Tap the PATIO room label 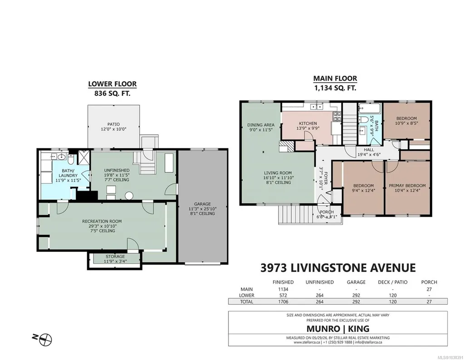pyautogui.click(x=113, y=124)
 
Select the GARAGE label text pyautogui.click(x=202, y=204)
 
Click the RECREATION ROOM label pyautogui.click(x=102, y=221)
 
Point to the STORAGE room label pyautogui.click(x=115, y=256)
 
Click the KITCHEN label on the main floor pyautogui.click(x=308, y=123)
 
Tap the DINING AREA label pyautogui.click(x=261, y=125)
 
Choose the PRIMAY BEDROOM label pyautogui.click(x=407, y=186)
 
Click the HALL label pyautogui.click(x=369, y=149)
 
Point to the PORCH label pyautogui.click(x=327, y=212)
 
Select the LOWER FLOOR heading pyautogui.click(x=113, y=84)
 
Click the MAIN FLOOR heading pyautogui.click(x=335, y=79)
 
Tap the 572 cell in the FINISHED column pyautogui.click(x=283, y=295)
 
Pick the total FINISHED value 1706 pyautogui.click(x=283, y=301)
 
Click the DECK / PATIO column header pyautogui.click(x=392, y=282)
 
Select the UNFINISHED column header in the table pyautogui.click(x=320, y=282)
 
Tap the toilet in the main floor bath pyautogui.click(x=364, y=120)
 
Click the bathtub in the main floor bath pyautogui.click(x=369, y=108)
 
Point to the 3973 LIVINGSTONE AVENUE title pyautogui.click(x=338, y=268)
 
